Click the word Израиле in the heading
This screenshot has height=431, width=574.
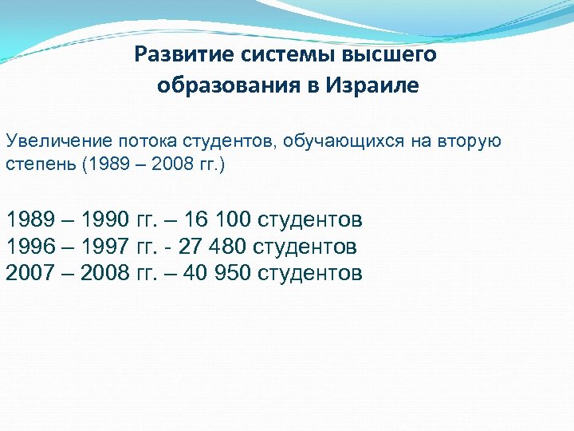coord(372,86)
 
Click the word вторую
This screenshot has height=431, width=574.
coord(468,141)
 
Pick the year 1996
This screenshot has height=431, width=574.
coord(32,247)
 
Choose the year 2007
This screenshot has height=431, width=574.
coord(32,274)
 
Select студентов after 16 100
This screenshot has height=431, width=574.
coord(310,219)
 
